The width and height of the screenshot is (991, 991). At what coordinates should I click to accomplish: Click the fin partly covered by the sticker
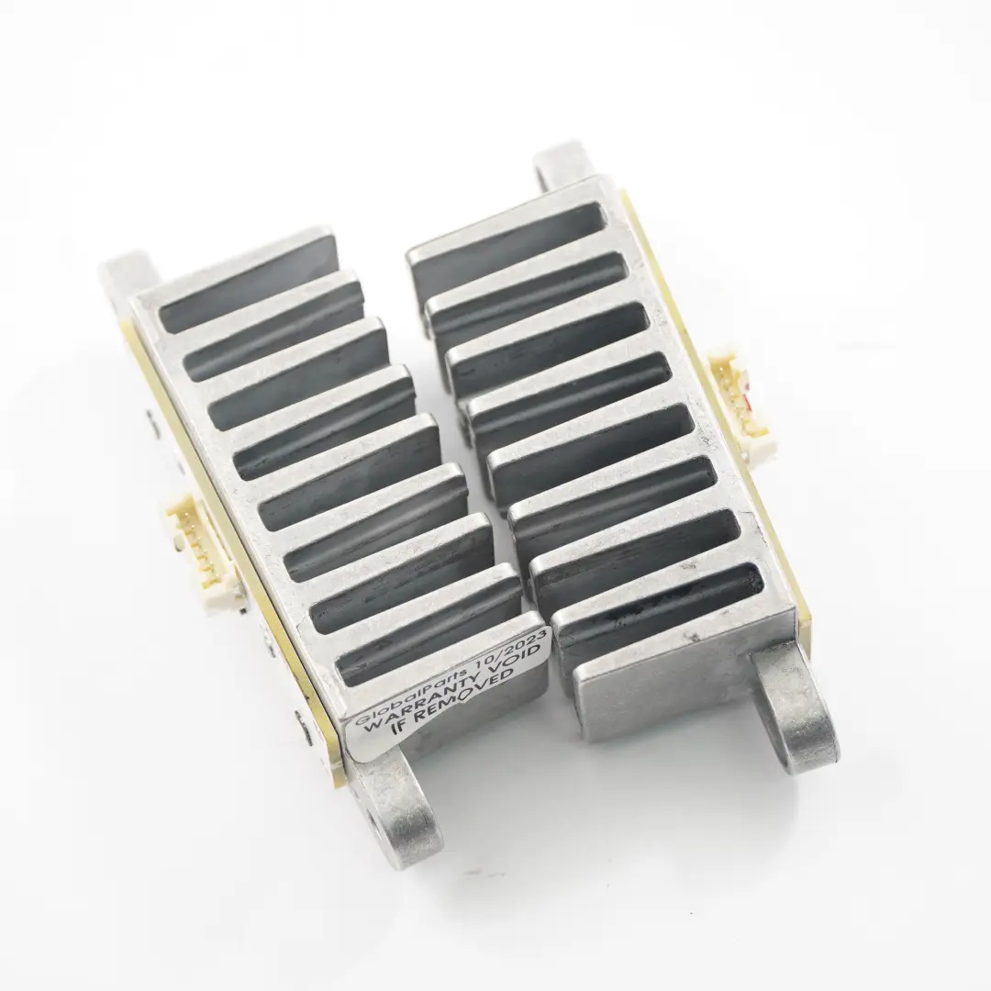[x=440, y=656]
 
